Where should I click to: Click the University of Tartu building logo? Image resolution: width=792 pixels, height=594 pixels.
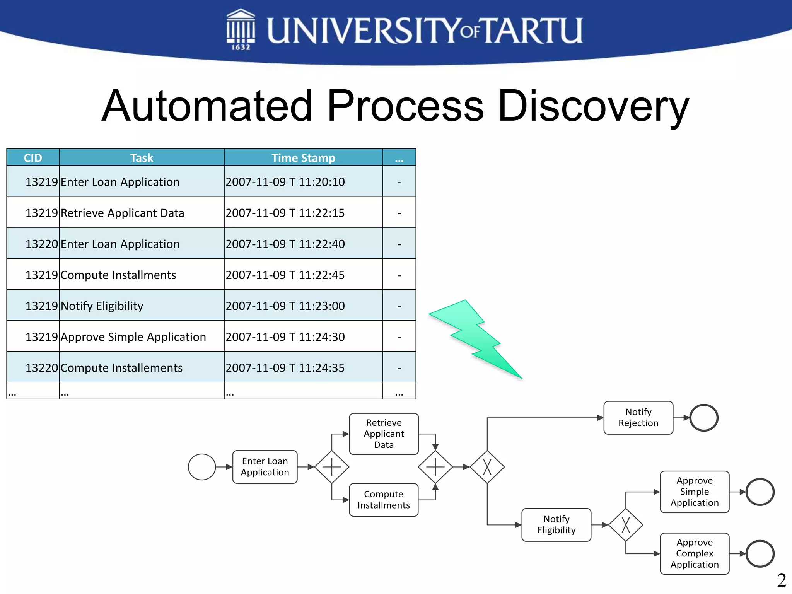click(x=241, y=29)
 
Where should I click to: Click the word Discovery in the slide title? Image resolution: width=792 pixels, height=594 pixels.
click(x=594, y=106)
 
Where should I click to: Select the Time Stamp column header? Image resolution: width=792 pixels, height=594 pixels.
click(x=303, y=158)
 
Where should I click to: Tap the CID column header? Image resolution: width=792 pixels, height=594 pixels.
click(x=33, y=158)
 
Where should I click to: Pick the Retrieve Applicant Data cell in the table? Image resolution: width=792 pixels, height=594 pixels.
click(x=122, y=213)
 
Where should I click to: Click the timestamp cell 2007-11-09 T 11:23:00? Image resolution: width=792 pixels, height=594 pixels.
click(x=285, y=306)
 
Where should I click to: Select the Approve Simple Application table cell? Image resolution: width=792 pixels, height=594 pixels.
click(x=133, y=337)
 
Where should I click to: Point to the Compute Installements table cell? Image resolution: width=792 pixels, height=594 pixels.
click(x=121, y=368)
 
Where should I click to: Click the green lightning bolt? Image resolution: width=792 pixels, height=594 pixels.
click(x=475, y=338)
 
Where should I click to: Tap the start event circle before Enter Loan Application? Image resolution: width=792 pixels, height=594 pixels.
click(x=202, y=467)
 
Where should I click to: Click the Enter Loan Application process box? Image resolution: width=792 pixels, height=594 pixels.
click(x=265, y=467)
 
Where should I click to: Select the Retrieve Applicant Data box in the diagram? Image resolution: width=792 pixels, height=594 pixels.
click(x=384, y=434)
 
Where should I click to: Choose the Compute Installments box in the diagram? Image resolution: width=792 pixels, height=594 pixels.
click(x=384, y=500)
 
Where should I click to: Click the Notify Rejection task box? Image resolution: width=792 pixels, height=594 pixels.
click(x=638, y=418)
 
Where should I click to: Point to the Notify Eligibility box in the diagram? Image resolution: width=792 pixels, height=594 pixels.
click(x=556, y=525)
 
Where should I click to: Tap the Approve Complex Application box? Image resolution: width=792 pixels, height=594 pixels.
click(x=695, y=554)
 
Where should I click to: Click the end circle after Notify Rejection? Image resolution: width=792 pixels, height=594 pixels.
click(x=704, y=418)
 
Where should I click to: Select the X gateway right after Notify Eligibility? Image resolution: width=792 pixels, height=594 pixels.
click(x=626, y=525)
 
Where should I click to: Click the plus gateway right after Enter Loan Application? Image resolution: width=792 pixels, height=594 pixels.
click(x=332, y=467)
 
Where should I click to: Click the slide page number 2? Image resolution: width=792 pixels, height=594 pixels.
click(x=782, y=580)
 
